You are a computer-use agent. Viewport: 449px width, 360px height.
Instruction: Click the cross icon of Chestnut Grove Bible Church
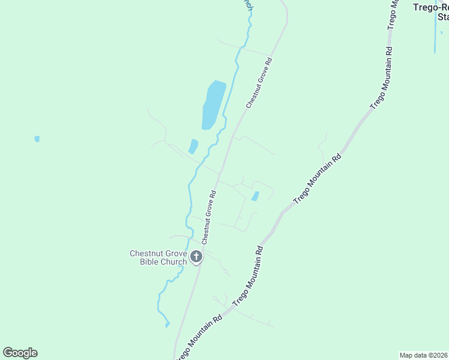196,257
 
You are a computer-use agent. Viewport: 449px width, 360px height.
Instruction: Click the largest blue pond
213,104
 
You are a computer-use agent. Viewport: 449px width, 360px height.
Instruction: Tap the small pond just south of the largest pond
193,146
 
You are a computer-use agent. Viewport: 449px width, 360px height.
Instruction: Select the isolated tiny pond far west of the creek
37,139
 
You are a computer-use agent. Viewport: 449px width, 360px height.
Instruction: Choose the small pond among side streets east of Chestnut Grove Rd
255,196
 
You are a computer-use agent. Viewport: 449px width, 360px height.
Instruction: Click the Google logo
20,353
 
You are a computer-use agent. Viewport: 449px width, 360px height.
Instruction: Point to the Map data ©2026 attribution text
424,355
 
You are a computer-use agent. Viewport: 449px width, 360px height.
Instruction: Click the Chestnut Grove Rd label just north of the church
208,217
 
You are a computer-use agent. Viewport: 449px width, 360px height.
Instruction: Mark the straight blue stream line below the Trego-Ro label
435,36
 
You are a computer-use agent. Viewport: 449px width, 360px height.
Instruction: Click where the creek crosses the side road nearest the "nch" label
243,47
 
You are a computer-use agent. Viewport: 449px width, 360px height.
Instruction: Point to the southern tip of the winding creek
167,325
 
